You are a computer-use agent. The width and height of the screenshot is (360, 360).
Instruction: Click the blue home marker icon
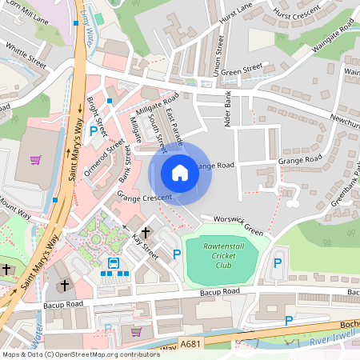click(180, 173)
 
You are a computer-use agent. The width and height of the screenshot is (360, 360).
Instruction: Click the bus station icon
click(114, 262)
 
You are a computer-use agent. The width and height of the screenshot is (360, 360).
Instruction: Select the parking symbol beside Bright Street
click(94, 130)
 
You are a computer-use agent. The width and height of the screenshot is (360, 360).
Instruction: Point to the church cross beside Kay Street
click(146, 230)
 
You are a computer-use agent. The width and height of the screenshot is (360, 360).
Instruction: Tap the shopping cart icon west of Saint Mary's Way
click(35, 159)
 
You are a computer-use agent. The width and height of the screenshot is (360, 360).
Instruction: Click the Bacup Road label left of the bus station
click(64, 304)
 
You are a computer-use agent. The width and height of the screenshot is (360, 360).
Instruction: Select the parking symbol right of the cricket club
click(278, 262)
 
